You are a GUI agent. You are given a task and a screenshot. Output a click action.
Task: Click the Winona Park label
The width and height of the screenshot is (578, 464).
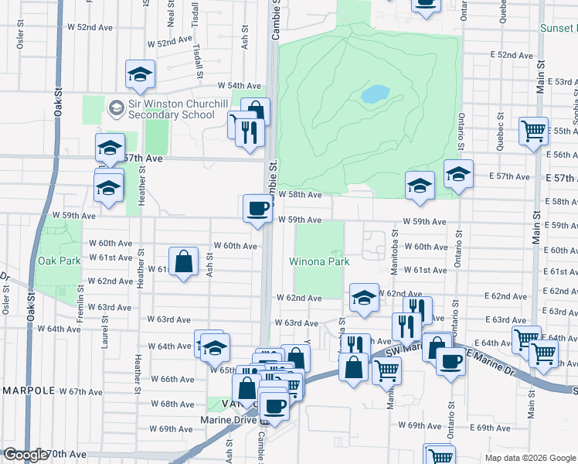319,261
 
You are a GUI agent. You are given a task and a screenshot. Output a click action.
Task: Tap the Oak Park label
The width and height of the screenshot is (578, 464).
59,261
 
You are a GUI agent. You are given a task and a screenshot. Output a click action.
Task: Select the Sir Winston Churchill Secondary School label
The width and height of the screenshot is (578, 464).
171,110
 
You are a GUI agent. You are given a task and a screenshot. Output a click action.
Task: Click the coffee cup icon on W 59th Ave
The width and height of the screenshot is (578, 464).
257,207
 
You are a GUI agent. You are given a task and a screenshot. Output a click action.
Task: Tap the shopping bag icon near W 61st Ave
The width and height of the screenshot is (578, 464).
185,261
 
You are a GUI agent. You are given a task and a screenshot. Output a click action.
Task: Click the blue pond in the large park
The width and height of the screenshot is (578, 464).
375,94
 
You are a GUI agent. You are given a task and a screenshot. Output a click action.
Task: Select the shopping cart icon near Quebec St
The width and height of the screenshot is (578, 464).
533,131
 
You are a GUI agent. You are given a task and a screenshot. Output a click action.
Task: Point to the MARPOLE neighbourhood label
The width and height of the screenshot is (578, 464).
29,391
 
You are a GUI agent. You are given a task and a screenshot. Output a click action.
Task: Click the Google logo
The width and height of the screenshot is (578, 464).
25,455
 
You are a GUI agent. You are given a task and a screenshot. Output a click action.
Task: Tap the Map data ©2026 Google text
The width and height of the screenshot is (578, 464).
529,458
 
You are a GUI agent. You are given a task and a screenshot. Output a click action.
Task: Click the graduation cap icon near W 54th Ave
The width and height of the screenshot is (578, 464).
140,74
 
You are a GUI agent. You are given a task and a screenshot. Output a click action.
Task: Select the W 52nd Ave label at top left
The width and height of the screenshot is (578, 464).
90,26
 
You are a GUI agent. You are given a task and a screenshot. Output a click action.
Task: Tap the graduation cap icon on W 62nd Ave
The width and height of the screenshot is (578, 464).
364,298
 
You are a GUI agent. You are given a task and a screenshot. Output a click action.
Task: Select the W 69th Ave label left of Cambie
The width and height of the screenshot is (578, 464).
171,428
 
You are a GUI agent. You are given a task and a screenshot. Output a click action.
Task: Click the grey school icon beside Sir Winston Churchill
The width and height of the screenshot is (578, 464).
116,107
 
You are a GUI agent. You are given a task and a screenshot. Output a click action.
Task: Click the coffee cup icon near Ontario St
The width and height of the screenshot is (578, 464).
450,360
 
